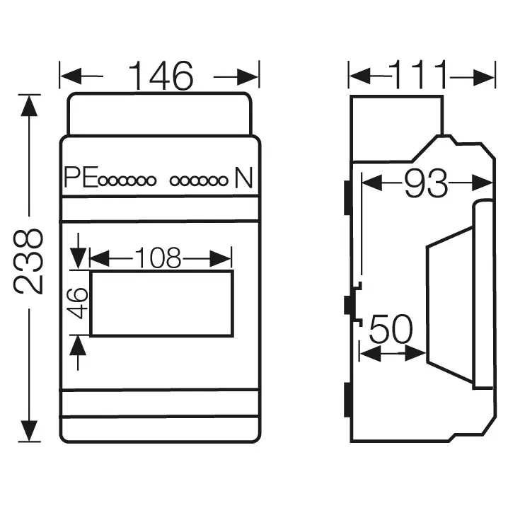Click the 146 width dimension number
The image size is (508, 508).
161,76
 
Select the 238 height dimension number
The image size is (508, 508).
28,262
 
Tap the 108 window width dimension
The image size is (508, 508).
158,258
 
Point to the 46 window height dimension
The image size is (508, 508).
77,303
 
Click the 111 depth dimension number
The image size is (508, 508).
418,75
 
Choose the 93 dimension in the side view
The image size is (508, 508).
427,183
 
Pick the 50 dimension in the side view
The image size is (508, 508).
391,329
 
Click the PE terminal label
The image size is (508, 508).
81,177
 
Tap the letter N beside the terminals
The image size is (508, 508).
243,177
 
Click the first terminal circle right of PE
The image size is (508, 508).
103,181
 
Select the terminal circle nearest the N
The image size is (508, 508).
223,181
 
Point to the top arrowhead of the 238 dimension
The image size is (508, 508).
29,105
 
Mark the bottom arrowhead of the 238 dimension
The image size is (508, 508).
29,431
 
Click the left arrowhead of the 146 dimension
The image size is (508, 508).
71,76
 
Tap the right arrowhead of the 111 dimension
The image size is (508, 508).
484,77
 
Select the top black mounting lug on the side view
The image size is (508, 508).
348,197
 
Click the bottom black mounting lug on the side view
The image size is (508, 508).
348,400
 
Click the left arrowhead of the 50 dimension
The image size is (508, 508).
370,353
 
